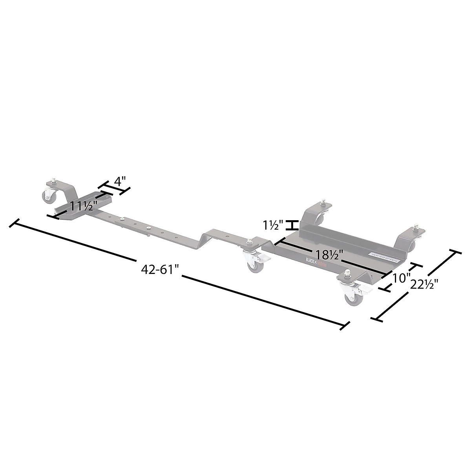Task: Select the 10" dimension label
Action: (x=399, y=278)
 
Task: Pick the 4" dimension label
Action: (x=120, y=182)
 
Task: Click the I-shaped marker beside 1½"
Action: (x=291, y=225)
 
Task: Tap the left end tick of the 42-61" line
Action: (x=15, y=224)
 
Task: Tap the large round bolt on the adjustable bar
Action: (x=149, y=228)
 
